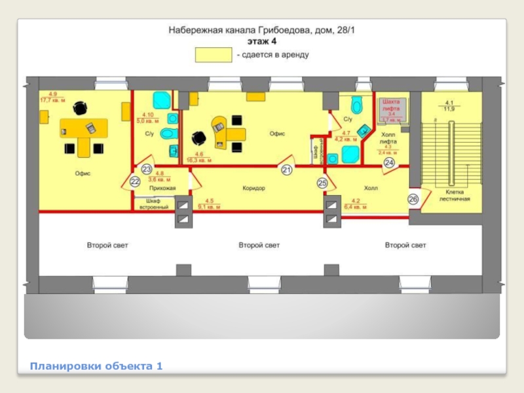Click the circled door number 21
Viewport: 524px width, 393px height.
286,170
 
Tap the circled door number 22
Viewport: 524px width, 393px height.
136,181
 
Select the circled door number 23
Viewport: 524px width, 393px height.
147,169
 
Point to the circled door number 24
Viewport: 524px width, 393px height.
389,162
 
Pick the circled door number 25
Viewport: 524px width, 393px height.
322,183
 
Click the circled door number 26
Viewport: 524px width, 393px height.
413,198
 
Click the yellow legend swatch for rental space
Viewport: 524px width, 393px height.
214,55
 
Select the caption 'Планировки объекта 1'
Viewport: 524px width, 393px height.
96,365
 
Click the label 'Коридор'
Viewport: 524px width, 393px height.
253,188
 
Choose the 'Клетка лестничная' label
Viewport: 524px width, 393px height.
451,195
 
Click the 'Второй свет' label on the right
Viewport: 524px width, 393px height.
405,245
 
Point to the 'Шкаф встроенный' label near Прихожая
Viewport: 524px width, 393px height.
154,204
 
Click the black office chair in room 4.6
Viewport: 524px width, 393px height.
197,138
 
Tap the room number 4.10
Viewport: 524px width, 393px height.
148,115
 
